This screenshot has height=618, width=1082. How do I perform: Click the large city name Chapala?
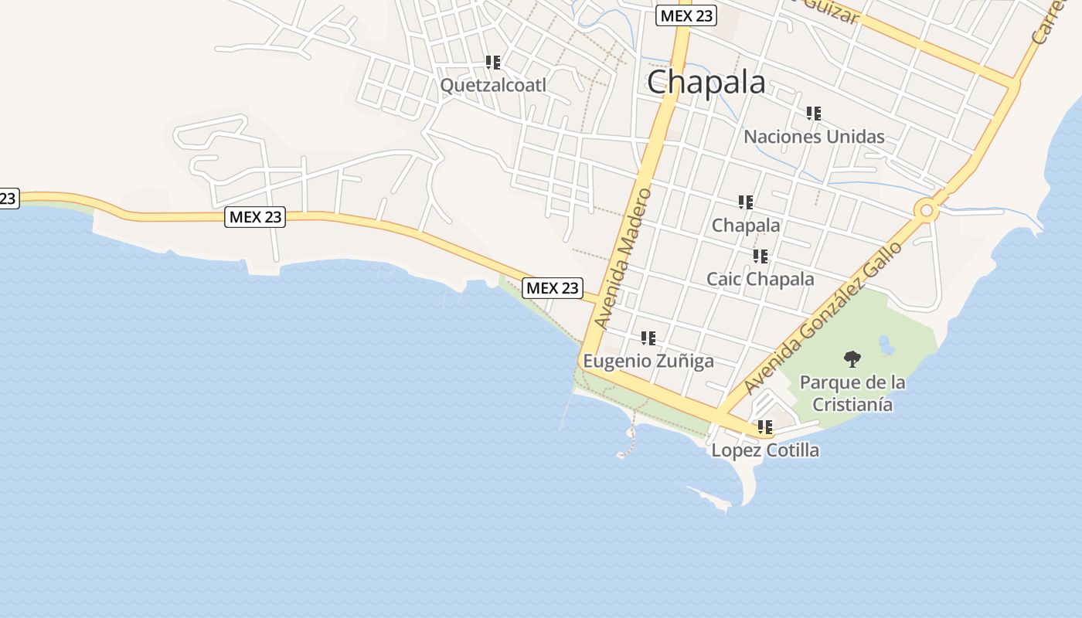[x=706, y=83]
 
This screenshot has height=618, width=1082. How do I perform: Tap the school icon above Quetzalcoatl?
[x=493, y=63]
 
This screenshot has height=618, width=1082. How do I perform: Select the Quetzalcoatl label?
[x=492, y=85]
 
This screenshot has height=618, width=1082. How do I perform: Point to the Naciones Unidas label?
[x=814, y=137]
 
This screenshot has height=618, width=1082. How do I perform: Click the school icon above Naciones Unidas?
[x=814, y=114]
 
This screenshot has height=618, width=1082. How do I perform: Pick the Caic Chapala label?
[x=760, y=279]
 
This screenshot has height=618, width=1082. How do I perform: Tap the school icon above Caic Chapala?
[x=760, y=256]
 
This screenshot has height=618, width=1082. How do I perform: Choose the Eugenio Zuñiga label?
[x=648, y=361]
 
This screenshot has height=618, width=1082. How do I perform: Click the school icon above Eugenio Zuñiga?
[x=648, y=338]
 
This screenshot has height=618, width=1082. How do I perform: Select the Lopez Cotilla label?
[x=765, y=450]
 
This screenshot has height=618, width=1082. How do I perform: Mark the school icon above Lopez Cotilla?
[x=765, y=427]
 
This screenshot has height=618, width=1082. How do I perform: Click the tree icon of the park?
[x=852, y=358]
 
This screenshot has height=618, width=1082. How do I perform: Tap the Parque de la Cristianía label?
[x=852, y=393]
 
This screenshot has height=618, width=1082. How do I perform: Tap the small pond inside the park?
[x=886, y=345]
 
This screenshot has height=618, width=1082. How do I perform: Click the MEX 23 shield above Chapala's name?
[x=686, y=15]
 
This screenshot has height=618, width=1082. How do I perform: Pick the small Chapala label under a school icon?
[x=746, y=225]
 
